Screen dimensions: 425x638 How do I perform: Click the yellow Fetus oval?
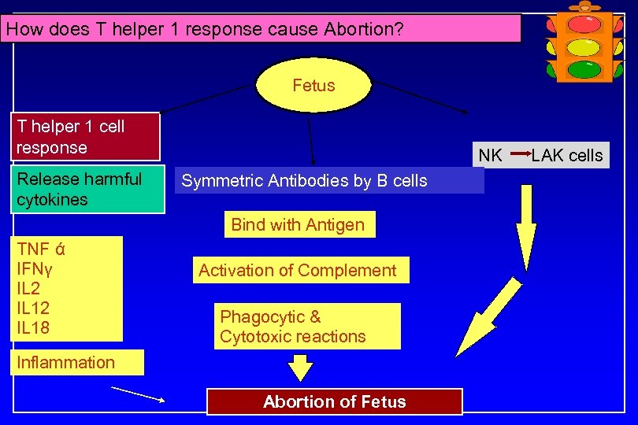point(313,85)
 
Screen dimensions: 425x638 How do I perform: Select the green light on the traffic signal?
point(584,68)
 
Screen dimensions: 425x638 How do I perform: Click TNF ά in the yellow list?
point(41,250)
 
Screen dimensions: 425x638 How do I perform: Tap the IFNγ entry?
point(35,270)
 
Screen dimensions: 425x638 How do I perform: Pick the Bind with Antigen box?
point(298,224)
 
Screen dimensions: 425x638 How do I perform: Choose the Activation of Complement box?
point(298,270)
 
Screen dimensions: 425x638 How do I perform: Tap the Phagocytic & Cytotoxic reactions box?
point(293,327)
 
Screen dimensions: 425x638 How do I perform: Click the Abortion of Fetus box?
point(334,401)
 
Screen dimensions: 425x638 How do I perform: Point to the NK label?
point(490,155)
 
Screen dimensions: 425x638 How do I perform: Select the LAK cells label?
point(566,155)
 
